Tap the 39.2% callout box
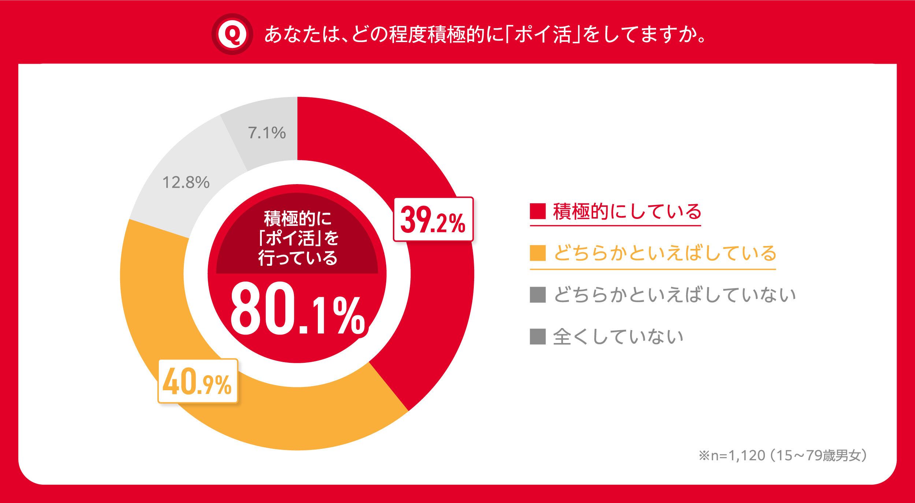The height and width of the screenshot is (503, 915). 433,219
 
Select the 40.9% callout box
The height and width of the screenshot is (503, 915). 198,381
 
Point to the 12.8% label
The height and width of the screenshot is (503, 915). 186,182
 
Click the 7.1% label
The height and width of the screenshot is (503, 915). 267,133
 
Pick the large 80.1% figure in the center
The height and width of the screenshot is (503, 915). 297,309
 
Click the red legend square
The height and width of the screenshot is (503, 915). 538,211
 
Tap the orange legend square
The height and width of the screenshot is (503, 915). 538,253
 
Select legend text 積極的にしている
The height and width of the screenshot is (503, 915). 627,211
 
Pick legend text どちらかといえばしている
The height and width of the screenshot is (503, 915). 665,253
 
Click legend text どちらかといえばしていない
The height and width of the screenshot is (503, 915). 674,295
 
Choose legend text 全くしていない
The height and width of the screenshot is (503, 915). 618,336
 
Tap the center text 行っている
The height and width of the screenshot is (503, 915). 297,258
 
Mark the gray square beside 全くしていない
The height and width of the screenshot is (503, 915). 538,336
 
